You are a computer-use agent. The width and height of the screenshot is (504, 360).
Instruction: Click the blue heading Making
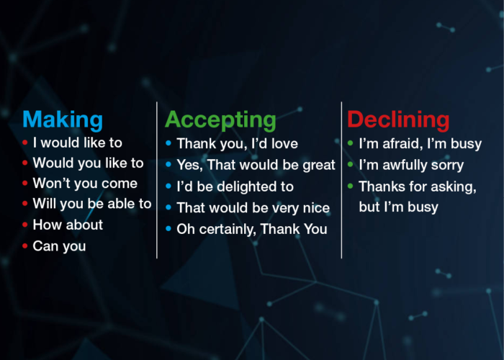point(63,120)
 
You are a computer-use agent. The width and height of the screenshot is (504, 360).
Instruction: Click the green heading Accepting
point(220,120)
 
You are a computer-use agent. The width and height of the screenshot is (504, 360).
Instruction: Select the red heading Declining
point(398,120)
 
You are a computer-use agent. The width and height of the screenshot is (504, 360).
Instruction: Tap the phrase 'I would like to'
point(77,143)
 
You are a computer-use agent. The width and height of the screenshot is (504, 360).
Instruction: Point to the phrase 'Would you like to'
point(88,163)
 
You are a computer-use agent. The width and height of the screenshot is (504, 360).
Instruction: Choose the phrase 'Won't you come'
point(84,184)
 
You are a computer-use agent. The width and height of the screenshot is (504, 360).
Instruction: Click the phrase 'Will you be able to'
point(91,204)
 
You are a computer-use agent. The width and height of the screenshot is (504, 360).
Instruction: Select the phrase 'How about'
point(68,225)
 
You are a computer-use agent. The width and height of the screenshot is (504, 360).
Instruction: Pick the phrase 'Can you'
point(59,246)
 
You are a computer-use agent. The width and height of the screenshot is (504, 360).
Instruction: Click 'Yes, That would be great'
point(256,166)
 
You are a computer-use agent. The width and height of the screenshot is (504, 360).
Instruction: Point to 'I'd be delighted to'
point(235,186)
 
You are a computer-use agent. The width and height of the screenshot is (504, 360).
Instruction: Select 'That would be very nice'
point(253,208)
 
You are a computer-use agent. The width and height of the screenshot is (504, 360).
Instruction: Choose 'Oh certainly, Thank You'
point(251,230)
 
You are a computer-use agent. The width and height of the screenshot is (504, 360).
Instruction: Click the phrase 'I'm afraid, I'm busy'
point(420,144)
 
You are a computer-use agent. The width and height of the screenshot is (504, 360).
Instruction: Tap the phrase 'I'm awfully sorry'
point(410,166)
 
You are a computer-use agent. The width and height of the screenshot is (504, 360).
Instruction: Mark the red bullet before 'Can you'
point(25,246)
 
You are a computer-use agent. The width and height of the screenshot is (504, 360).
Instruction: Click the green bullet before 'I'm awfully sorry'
point(351,166)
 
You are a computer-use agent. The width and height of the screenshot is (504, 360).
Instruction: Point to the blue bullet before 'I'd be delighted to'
point(169,186)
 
